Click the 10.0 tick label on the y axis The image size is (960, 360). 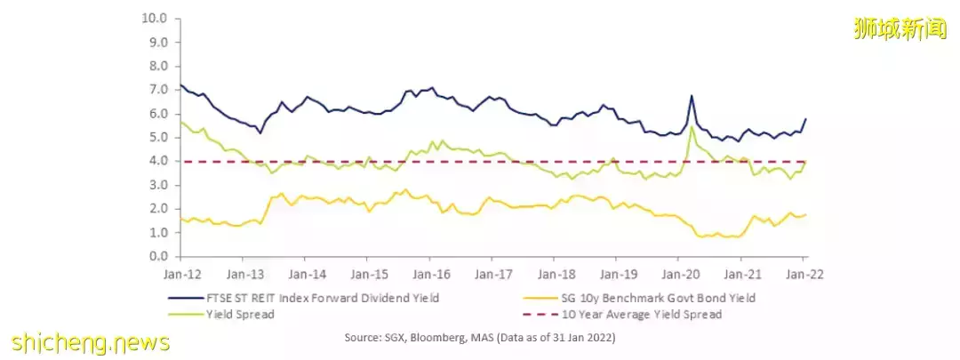[156, 18]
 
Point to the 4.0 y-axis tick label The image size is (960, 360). [158, 161]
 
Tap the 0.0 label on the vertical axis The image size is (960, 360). [158, 256]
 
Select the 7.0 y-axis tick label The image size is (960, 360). [158, 90]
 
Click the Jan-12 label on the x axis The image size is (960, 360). [180, 274]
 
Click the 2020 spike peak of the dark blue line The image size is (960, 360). [691, 95]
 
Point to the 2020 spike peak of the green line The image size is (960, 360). [692, 126]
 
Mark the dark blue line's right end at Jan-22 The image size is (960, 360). [805, 118]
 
